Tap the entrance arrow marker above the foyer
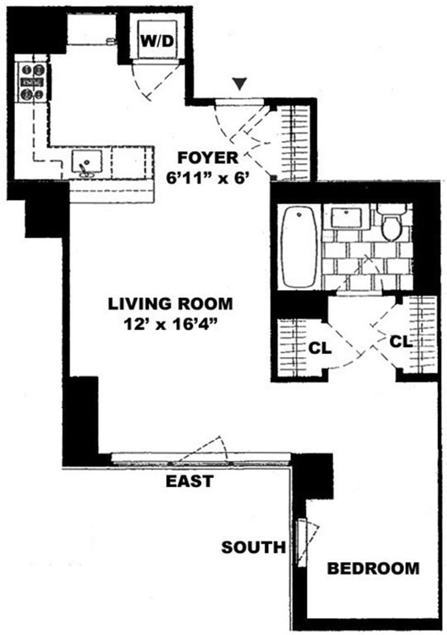pos(240,84)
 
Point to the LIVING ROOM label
pos(170,304)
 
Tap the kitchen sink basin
pos(87,161)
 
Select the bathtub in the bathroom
pos(299,246)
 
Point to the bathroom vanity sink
pos(346,217)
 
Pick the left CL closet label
pos(320,347)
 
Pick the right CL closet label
pos(401,341)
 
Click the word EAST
pos(189,480)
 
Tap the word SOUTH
pos(253,547)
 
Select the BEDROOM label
pos(373,569)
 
